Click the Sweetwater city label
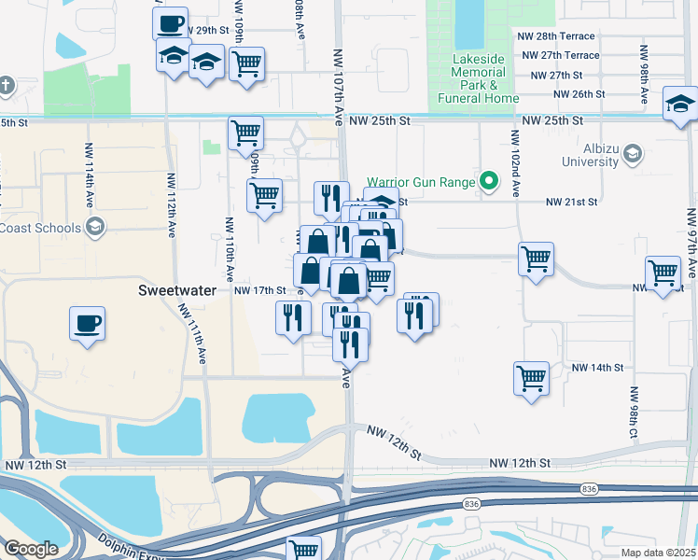point(177,290)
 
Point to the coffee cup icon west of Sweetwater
point(88,325)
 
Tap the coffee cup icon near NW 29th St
point(170,24)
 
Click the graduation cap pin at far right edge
point(680,104)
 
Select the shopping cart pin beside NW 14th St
point(531,378)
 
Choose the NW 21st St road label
point(571,202)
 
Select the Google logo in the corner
point(31,549)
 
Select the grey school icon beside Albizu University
point(632,152)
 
